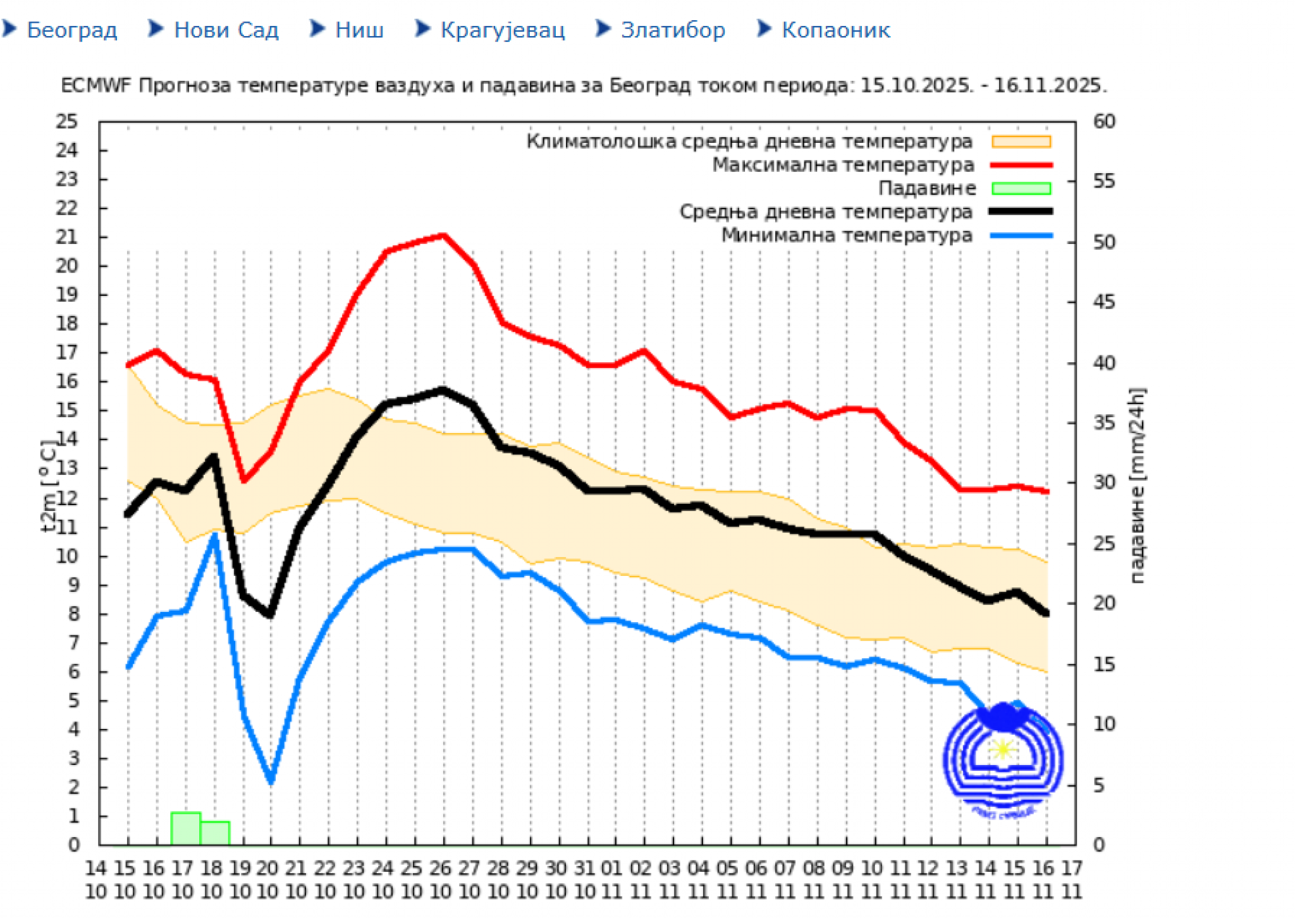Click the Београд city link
[71, 30]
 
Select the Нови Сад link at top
[226, 30]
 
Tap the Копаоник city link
[835, 30]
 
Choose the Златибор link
[672, 30]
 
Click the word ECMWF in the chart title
[95, 85]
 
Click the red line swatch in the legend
[1021, 165]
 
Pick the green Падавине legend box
[1021, 188]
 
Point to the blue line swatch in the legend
[1021, 235]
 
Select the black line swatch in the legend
[1021, 212]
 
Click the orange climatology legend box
[1021, 142]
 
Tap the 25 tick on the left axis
[67, 121]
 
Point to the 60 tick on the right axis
[1104, 121]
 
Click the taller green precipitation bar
[186, 828]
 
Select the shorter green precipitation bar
[215, 833]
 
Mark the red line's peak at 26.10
[444, 236]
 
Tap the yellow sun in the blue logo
[1002, 750]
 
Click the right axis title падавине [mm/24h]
[1136, 486]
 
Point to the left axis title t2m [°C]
[48, 486]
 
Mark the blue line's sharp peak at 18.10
[215, 536]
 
